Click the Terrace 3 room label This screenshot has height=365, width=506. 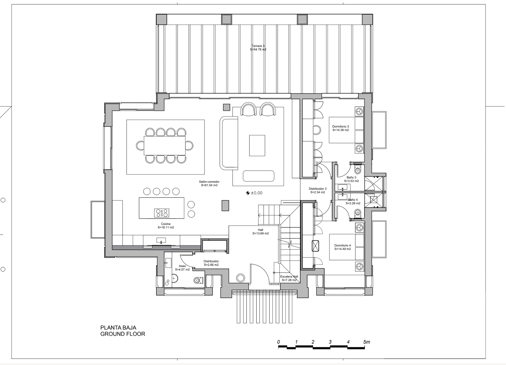[258, 46]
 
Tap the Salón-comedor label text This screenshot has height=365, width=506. [209, 182]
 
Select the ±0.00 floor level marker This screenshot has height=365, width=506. [254, 193]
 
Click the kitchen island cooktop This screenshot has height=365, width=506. [162, 213]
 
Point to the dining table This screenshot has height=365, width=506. [165, 145]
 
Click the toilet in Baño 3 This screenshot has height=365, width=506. [358, 170]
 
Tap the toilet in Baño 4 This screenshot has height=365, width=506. [358, 213]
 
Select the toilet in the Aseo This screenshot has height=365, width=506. [198, 280]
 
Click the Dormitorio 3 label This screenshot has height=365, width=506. [340, 126]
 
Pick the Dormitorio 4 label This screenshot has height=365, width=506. [342, 245]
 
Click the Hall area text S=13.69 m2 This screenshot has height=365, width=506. [260, 233]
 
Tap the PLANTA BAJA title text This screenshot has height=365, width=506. [118, 328]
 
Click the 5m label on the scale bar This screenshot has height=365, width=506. [367, 342]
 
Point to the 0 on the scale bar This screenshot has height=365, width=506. [279, 342]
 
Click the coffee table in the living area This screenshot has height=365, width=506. [257, 145]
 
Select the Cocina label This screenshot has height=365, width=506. [166, 224]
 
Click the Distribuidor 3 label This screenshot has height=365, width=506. [318, 189]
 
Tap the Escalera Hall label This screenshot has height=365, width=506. [289, 276]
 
